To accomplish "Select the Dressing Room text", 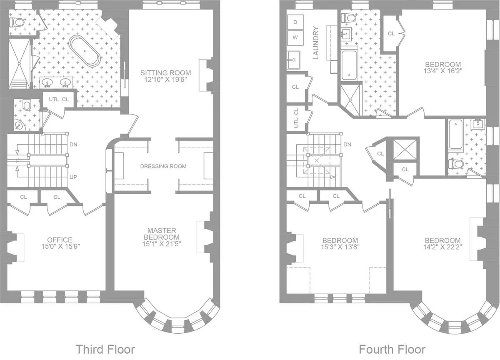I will click(x=163, y=166).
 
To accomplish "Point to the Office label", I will click(x=60, y=240).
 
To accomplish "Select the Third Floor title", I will click(x=105, y=348).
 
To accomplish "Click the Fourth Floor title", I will click(x=392, y=348).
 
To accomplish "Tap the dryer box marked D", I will click(x=295, y=22).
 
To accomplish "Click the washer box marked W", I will click(x=295, y=37).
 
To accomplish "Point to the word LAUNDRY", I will click(x=315, y=42).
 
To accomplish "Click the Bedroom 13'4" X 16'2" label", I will click(x=443, y=65).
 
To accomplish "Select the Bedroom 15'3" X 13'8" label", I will click(x=340, y=240).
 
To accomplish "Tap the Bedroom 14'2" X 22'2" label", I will click(x=442, y=240).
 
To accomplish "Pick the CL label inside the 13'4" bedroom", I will click(x=391, y=33).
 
